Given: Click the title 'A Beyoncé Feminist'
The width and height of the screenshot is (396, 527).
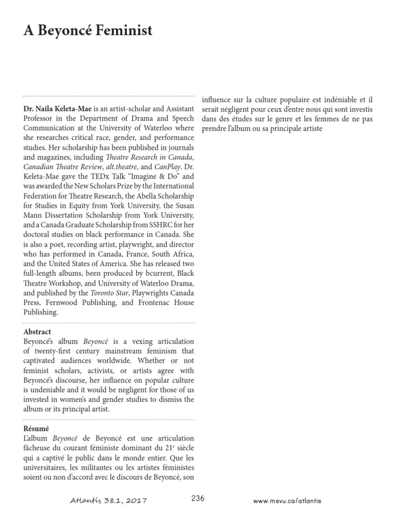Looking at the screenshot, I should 88,31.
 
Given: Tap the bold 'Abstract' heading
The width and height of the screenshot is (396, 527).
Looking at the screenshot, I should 37,332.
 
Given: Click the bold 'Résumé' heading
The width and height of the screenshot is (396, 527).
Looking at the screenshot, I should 36,428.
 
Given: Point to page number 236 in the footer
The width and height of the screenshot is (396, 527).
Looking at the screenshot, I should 197,498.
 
